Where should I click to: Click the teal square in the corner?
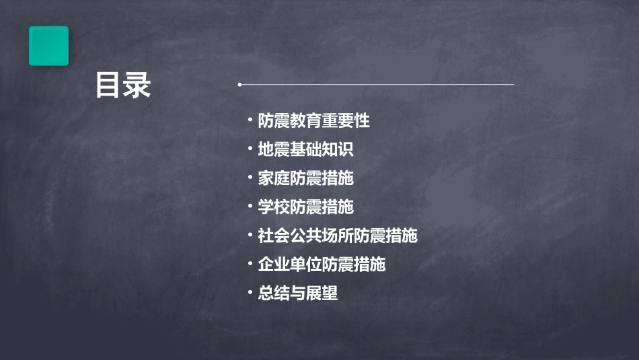coord(48,46)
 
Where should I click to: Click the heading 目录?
coord(123,86)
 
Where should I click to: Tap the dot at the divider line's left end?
coord(239,85)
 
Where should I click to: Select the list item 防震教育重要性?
coord(313,121)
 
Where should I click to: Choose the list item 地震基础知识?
coord(305,149)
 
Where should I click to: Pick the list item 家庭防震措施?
coord(305,178)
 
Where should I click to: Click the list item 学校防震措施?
coord(305,207)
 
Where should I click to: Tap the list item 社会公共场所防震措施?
coord(338,236)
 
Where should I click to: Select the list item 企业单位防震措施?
coord(322,264)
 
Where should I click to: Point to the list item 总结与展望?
coord(297,293)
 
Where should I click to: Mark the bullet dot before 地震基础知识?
coord(250,149)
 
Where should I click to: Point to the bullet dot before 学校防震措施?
coord(250,207)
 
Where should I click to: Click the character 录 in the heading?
coord(137,86)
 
